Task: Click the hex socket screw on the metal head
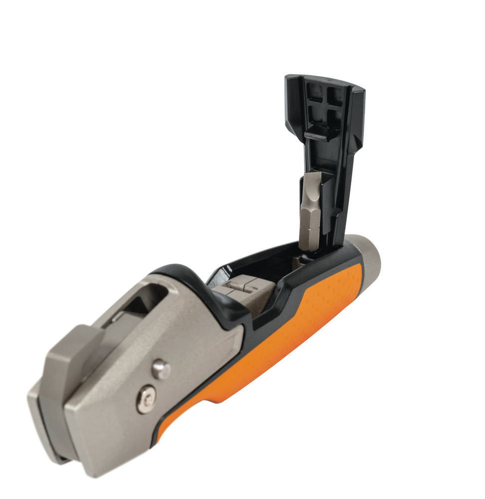click(x=146, y=399)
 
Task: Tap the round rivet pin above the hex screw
click(x=161, y=369)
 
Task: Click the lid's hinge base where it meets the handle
click(x=329, y=249)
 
